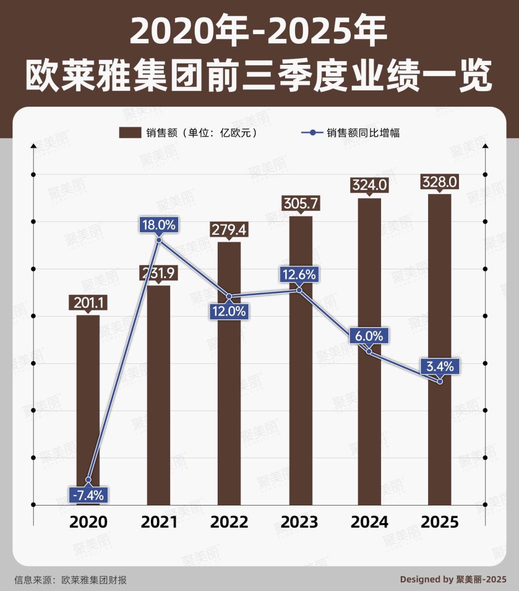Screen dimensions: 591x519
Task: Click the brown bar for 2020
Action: [88, 408]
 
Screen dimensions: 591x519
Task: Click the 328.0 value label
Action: [440, 182]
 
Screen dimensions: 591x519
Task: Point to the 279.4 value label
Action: [229, 230]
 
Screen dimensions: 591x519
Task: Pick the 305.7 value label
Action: [300, 203]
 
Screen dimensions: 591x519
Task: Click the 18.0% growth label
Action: [159, 224]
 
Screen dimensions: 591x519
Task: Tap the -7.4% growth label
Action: [88, 495]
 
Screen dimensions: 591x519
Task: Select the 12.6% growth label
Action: [299, 275]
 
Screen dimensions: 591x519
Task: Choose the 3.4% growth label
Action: [440, 366]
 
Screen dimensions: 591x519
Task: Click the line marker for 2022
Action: [229, 296]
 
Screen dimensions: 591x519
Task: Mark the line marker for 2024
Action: [369, 351]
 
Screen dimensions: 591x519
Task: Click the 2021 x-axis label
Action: [159, 522]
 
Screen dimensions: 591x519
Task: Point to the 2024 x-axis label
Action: [369, 522]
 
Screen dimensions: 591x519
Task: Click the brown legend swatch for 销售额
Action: [130, 133]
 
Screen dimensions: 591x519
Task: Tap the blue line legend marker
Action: [312, 133]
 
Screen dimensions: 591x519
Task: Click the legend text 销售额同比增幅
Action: [363, 133]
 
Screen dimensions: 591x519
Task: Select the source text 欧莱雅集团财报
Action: [94, 580]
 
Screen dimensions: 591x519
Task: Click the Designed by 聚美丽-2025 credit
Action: [453, 579]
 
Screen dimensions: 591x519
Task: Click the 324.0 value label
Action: [369, 185]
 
